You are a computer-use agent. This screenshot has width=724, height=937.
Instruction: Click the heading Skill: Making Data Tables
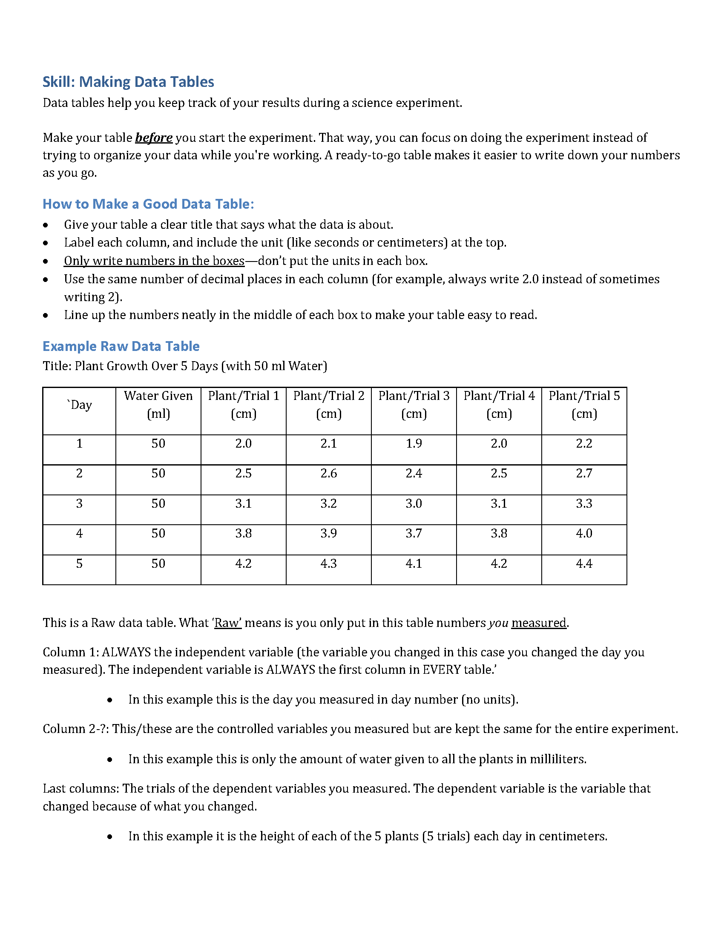pyautogui.click(x=128, y=82)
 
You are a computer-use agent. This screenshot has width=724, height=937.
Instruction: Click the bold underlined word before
pyautogui.click(x=154, y=138)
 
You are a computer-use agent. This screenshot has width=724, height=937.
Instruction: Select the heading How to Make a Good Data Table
pyautogui.click(x=148, y=204)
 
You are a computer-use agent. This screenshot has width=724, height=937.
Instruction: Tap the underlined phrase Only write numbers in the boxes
pyautogui.click(x=154, y=261)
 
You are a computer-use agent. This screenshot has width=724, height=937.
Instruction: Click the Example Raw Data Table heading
pyautogui.click(x=121, y=346)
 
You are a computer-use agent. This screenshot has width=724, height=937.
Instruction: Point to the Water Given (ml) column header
pyautogui.click(x=158, y=405)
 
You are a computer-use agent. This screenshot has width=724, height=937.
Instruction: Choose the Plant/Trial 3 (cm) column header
pyautogui.click(x=414, y=405)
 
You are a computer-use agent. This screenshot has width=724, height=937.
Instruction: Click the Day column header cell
pyautogui.click(x=80, y=405)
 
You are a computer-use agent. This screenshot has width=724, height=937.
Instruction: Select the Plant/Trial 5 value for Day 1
pyautogui.click(x=584, y=443)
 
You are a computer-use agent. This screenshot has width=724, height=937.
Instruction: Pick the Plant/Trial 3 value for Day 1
pyautogui.click(x=414, y=443)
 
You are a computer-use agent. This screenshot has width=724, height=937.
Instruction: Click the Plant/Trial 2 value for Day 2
pyautogui.click(x=328, y=473)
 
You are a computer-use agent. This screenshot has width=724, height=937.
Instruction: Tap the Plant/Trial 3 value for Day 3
pyautogui.click(x=414, y=503)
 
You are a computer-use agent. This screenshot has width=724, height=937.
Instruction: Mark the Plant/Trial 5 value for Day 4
pyautogui.click(x=584, y=533)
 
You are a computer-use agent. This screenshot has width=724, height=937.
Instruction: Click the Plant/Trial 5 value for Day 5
pyautogui.click(x=584, y=563)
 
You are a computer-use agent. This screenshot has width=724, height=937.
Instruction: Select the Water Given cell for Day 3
pyautogui.click(x=158, y=503)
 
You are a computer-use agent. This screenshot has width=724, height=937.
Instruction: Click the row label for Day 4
pyautogui.click(x=79, y=533)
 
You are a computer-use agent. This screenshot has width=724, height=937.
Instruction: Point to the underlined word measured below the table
pyautogui.click(x=539, y=623)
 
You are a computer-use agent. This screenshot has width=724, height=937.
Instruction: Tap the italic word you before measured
pyautogui.click(x=498, y=623)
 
